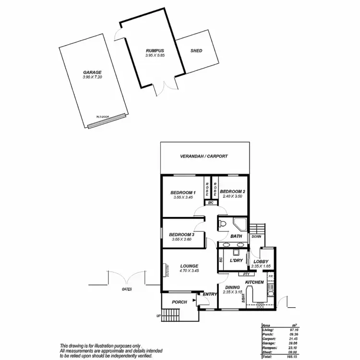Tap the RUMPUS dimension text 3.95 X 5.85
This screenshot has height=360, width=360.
click(155, 56)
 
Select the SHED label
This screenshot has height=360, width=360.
click(196, 50)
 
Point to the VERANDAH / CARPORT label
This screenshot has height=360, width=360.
click(204, 156)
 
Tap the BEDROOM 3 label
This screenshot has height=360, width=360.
click(181, 234)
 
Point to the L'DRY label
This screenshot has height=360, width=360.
click(236, 260)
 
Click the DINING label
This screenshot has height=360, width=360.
click(232, 287)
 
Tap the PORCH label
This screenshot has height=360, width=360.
click(180, 302)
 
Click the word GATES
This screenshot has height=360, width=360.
click(127, 289)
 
